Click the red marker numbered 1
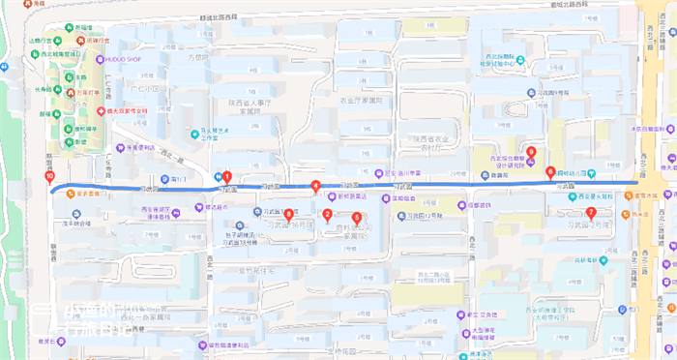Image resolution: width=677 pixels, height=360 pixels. click(226, 176)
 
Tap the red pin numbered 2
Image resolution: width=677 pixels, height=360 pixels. click(327, 215)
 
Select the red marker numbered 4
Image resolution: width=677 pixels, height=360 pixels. click(315, 186)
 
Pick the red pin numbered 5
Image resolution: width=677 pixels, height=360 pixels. click(357, 218)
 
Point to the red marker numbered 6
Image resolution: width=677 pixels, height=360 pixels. click(550, 172)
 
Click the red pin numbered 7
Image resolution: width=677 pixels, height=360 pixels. click(591, 212)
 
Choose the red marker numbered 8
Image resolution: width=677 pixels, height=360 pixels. click(289, 214)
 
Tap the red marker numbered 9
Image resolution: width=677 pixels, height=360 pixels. click(530, 151)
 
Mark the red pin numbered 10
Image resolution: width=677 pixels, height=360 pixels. click(49, 177)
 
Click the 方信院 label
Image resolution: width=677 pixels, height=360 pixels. click(197, 57)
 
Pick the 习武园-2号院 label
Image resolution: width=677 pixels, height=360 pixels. click(591, 224)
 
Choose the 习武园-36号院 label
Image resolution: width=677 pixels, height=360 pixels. click(290, 225)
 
